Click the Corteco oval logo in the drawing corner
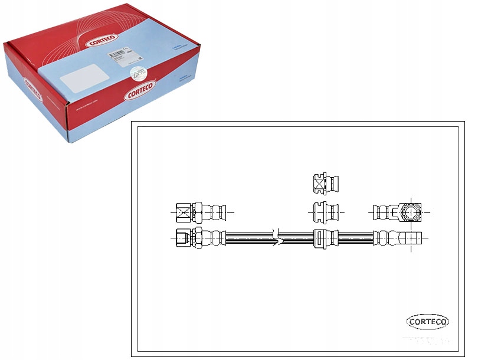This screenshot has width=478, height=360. coord(428,322)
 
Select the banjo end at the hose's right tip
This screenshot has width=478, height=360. coord(411,238)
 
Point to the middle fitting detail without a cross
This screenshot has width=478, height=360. coord(324,211)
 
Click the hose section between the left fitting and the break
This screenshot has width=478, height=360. coord(248,238)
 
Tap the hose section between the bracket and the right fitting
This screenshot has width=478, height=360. coord(354,238)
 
